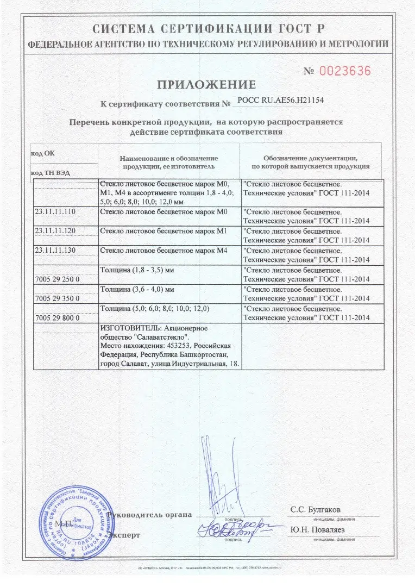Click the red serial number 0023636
point(344,71)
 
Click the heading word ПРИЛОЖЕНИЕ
point(206,85)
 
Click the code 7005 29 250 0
point(57,279)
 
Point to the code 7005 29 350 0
point(57,298)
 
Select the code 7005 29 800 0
point(57,317)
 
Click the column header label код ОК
point(42,153)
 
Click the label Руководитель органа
point(149,514)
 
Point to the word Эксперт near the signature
point(124,535)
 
